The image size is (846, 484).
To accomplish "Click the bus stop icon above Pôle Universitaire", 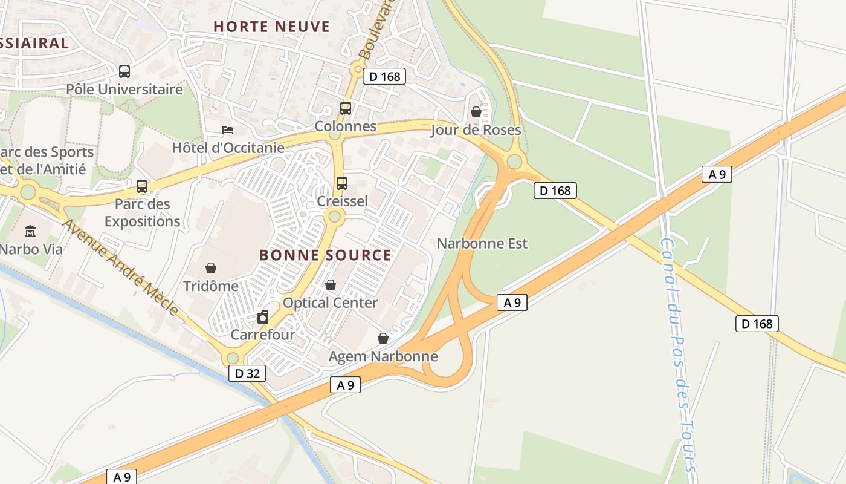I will pos(124,71).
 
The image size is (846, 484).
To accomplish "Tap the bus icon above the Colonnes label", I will pos(345,108).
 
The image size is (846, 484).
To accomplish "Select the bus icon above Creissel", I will pos(341,183).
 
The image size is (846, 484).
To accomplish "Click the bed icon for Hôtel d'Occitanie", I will pos(228,130).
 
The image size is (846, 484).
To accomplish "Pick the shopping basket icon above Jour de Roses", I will pos(476,112).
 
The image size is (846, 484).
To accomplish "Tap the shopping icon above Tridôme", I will pos(211,267).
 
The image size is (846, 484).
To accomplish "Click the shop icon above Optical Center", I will pos(330,284).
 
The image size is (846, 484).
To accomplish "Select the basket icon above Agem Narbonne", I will pos(383,338).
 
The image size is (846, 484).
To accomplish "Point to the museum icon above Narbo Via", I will pos(30,231).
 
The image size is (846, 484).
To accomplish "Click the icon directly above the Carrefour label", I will pos(263,317).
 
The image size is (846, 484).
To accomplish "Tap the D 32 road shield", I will pos(247,373).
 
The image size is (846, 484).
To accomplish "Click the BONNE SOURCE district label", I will pos(325,255).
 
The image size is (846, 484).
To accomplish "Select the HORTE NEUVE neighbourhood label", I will pos(271,27).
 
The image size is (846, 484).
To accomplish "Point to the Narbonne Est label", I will pos(482,243).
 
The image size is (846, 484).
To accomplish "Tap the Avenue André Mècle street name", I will pos(121,267).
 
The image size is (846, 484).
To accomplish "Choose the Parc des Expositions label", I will pos(142,212).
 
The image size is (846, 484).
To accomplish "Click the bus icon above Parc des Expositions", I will pos(142,186).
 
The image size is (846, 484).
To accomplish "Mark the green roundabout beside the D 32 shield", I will pos(233,358).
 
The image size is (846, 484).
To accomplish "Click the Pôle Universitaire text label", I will pos(124,90).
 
